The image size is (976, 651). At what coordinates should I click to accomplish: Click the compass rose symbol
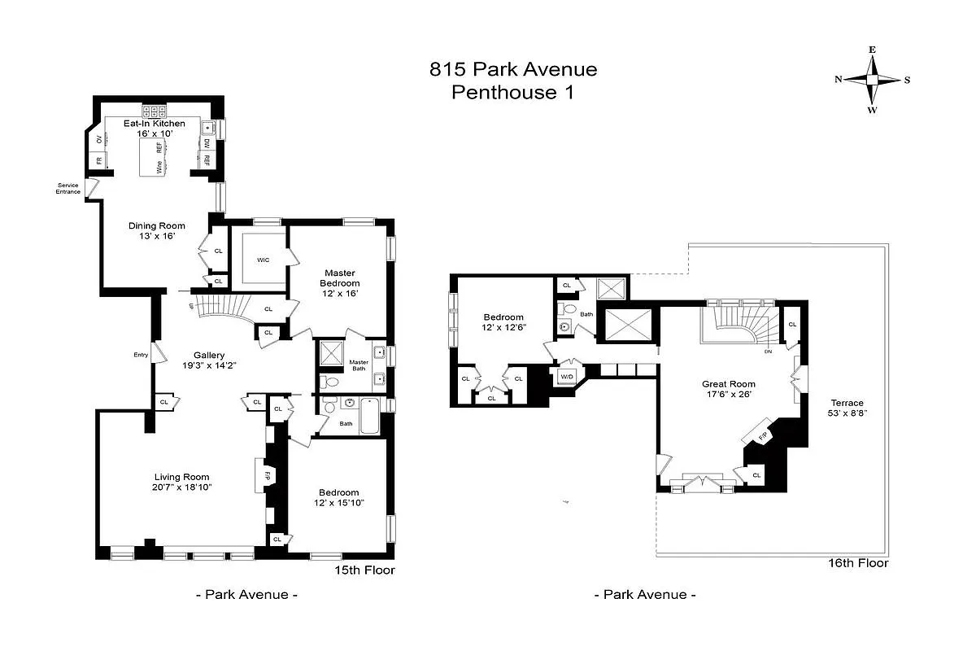pyautogui.click(x=872, y=80)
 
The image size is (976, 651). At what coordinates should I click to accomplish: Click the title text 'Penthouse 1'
pyautogui.click(x=512, y=93)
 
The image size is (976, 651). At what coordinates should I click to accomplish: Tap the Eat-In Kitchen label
pyautogui.click(x=154, y=123)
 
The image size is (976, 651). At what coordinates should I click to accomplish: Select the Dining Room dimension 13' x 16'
pyautogui.click(x=157, y=236)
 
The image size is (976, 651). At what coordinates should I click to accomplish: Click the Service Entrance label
pyautogui.click(x=68, y=188)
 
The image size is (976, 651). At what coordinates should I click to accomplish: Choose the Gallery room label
pyautogui.click(x=208, y=355)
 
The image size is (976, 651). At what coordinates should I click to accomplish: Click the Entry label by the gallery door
pyautogui.click(x=141, y=354)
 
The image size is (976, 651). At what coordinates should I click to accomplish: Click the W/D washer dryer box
pyautogui.click(x=566, y=376)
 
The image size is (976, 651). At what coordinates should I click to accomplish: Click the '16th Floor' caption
pyautogui.click(x=857, y=563)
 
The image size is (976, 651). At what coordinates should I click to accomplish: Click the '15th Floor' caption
pyautogui.click(x=364, y=570)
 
